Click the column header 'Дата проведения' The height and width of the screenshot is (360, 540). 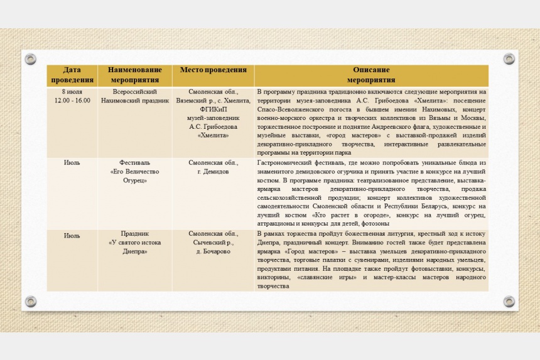72,75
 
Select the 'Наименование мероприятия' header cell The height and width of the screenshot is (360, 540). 135,75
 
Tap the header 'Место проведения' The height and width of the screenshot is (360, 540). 213,70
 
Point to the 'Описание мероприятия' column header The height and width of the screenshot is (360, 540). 371,75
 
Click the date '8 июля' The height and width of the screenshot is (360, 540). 72,92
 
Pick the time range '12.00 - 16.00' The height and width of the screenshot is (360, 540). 72,101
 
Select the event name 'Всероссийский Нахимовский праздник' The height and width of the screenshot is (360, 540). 135,96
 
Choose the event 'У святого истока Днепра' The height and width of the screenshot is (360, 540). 135,243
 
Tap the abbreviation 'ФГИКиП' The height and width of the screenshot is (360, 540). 213,109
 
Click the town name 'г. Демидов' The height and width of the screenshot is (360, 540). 213,171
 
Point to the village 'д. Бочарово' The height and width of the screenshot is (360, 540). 213,251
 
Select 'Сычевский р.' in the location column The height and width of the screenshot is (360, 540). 213,243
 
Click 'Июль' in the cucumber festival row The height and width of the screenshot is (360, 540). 72,162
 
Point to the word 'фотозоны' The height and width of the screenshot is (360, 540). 375,224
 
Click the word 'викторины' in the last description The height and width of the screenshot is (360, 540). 273,278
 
